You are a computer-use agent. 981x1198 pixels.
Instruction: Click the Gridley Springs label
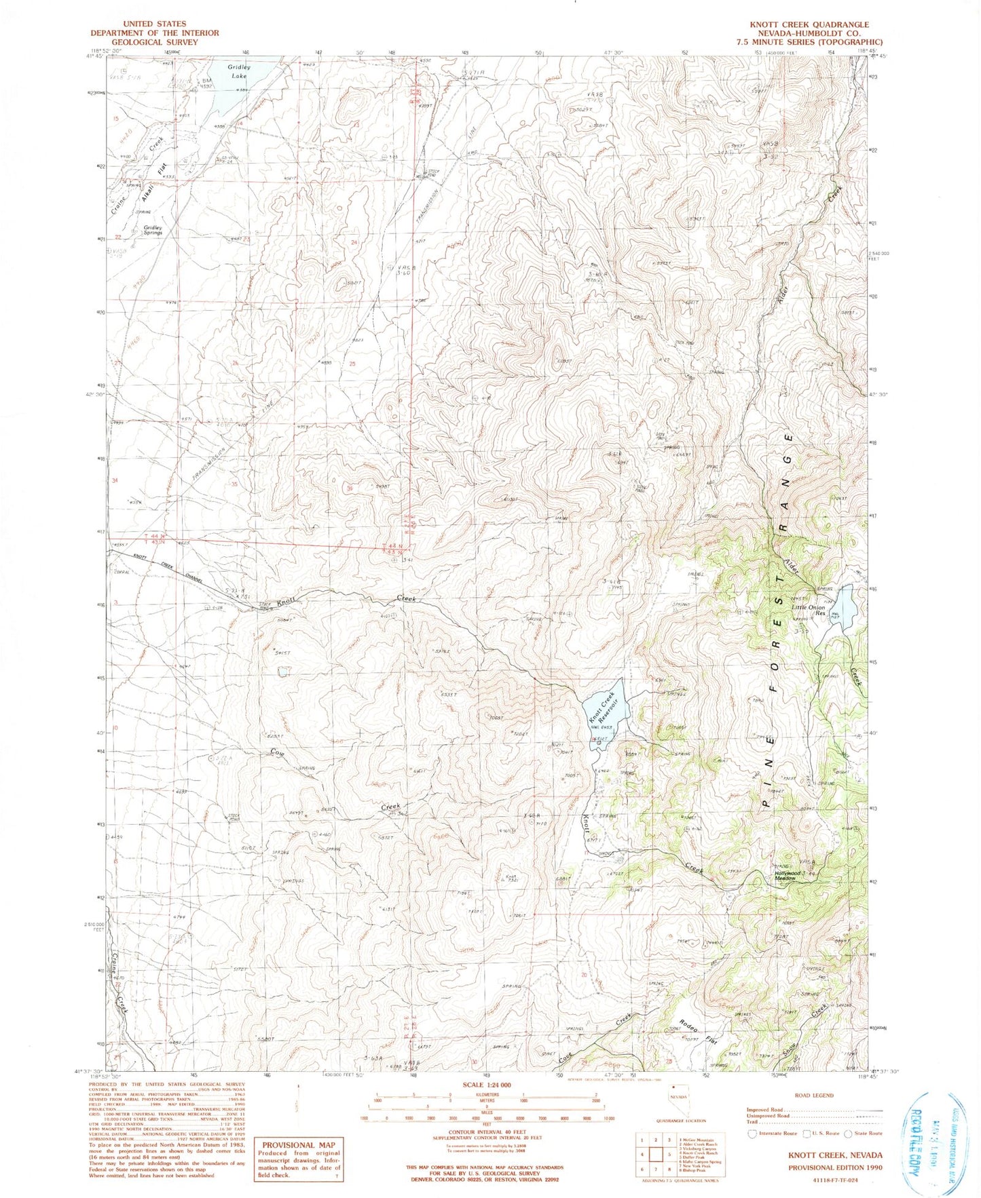click(149, 229)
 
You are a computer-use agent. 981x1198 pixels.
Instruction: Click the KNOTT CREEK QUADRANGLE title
click(809, 24)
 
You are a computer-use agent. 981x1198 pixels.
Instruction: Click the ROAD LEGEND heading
click(815, 1095)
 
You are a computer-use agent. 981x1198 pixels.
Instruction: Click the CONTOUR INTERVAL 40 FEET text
click(487, 1129)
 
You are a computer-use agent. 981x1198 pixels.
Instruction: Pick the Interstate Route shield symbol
click(752, 1133)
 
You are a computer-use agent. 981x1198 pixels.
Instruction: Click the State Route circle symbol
click(848, 1133)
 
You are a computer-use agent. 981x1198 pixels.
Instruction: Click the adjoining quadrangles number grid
click(655, 1154)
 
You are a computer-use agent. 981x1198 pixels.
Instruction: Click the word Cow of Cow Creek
click(277, 752)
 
